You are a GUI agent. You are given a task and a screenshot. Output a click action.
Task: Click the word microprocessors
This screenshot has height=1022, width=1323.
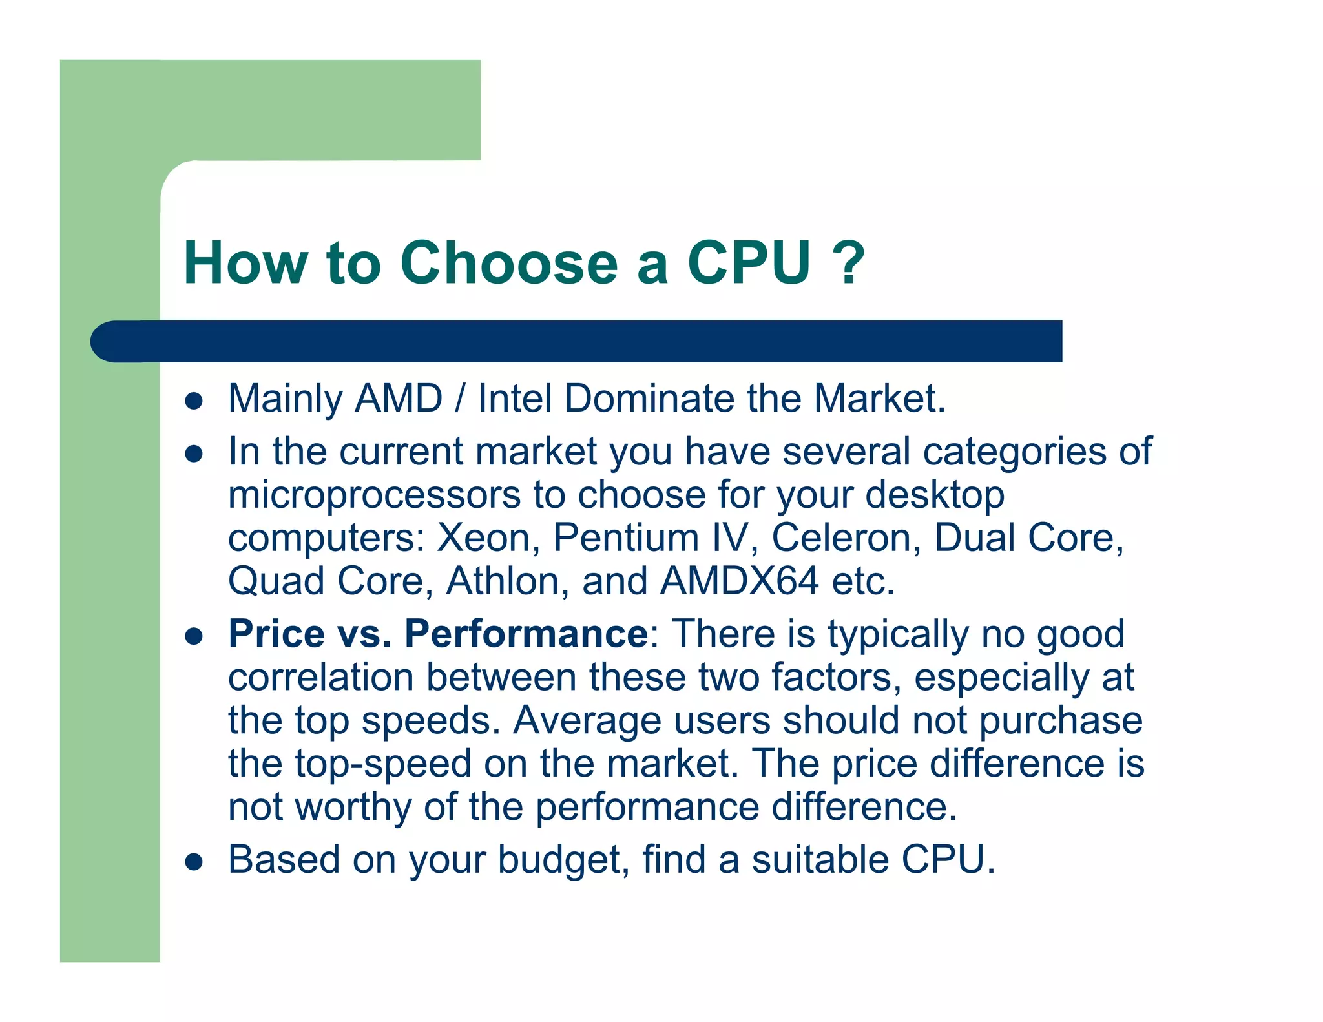coord(374,495)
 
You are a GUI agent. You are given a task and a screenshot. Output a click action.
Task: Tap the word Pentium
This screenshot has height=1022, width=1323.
coord(626,537)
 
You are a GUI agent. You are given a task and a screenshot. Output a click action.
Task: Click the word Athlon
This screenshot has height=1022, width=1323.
coord(503,581)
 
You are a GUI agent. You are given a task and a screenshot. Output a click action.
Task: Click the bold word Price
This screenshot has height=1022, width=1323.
coord(276,634)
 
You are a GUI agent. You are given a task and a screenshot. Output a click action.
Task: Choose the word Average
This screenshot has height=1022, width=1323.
coord(587,720)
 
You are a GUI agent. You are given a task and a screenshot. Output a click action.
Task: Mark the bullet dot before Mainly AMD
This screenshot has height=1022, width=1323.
coord(194,401)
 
